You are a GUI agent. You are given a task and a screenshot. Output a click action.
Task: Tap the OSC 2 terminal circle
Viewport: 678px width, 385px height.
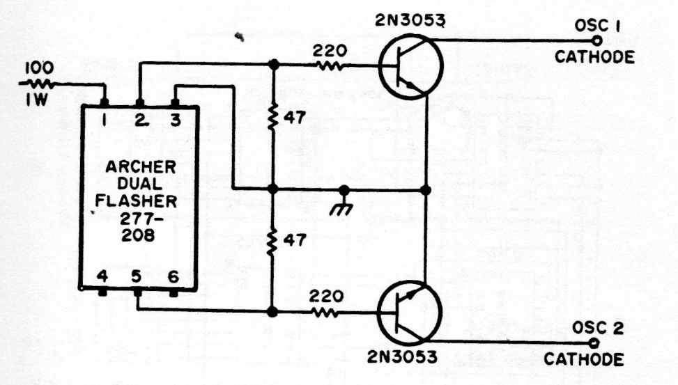pos(594,343)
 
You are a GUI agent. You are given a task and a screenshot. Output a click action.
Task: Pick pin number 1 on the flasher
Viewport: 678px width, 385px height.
pos(103,119)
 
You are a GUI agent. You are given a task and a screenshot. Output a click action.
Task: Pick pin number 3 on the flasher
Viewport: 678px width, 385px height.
pos(175,119)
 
